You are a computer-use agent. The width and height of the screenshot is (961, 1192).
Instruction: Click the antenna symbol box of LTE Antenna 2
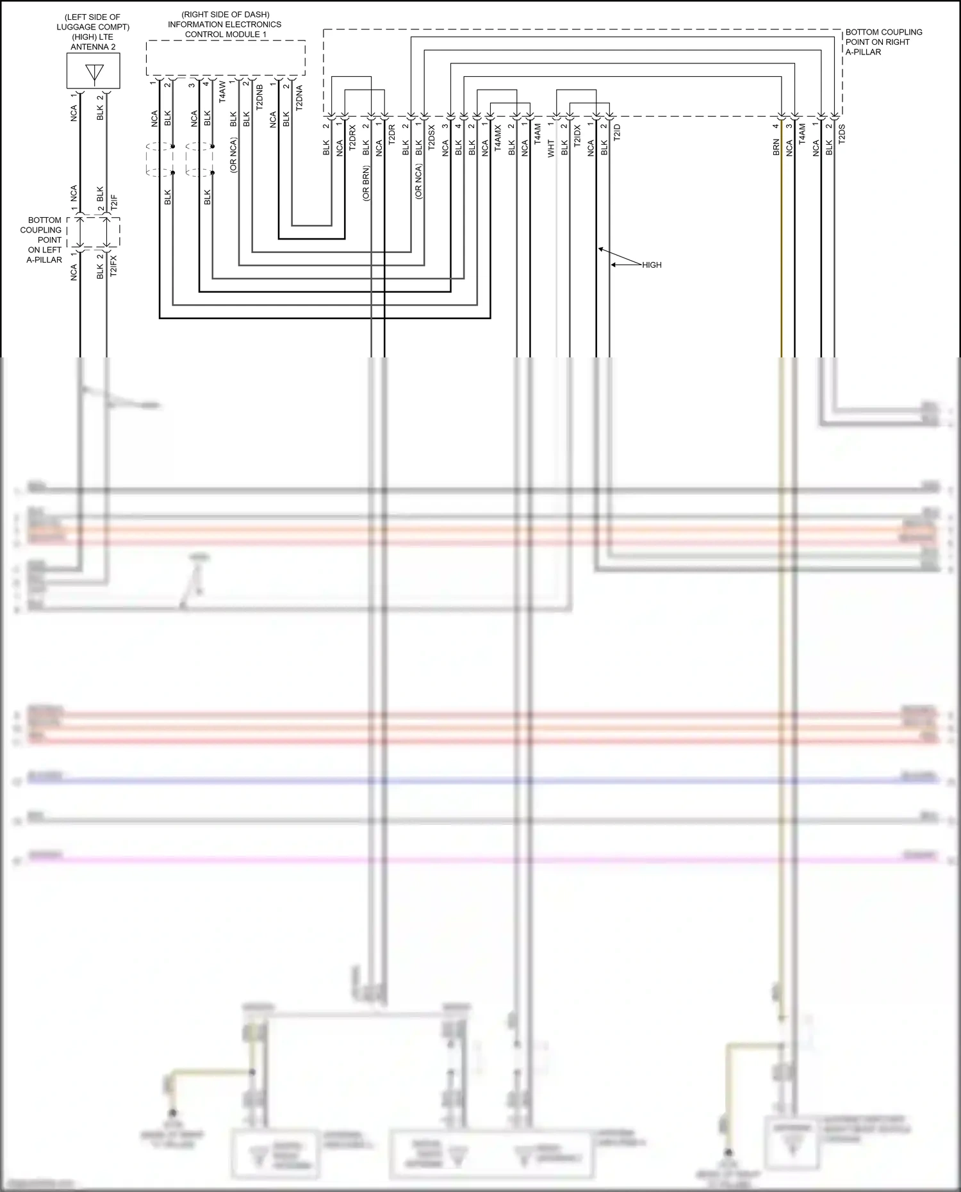94,71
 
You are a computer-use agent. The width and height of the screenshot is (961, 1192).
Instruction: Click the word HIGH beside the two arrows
652,265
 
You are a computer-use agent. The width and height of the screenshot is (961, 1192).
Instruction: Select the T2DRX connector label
352,138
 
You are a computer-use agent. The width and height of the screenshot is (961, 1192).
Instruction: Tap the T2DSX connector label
431,138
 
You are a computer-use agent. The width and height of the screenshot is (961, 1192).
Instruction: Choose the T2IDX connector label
577,136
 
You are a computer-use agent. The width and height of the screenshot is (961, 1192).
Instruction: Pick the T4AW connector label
222,92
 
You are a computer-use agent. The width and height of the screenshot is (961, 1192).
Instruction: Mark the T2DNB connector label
259,97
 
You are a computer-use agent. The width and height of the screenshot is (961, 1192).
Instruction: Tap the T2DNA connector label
299,98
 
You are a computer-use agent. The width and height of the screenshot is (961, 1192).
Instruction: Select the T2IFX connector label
113,266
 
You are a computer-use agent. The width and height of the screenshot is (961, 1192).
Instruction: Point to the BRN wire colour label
776,148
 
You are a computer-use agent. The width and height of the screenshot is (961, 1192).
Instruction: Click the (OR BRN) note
366,183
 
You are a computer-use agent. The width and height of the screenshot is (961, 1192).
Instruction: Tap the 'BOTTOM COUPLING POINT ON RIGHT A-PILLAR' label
883,42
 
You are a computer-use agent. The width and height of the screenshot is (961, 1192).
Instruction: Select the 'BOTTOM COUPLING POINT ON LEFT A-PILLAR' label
44,240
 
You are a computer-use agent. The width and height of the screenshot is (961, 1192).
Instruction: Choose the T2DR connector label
391,135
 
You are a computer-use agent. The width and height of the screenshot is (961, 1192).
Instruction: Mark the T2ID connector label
617,133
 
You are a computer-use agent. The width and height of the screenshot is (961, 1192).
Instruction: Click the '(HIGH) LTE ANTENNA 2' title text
94,42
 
